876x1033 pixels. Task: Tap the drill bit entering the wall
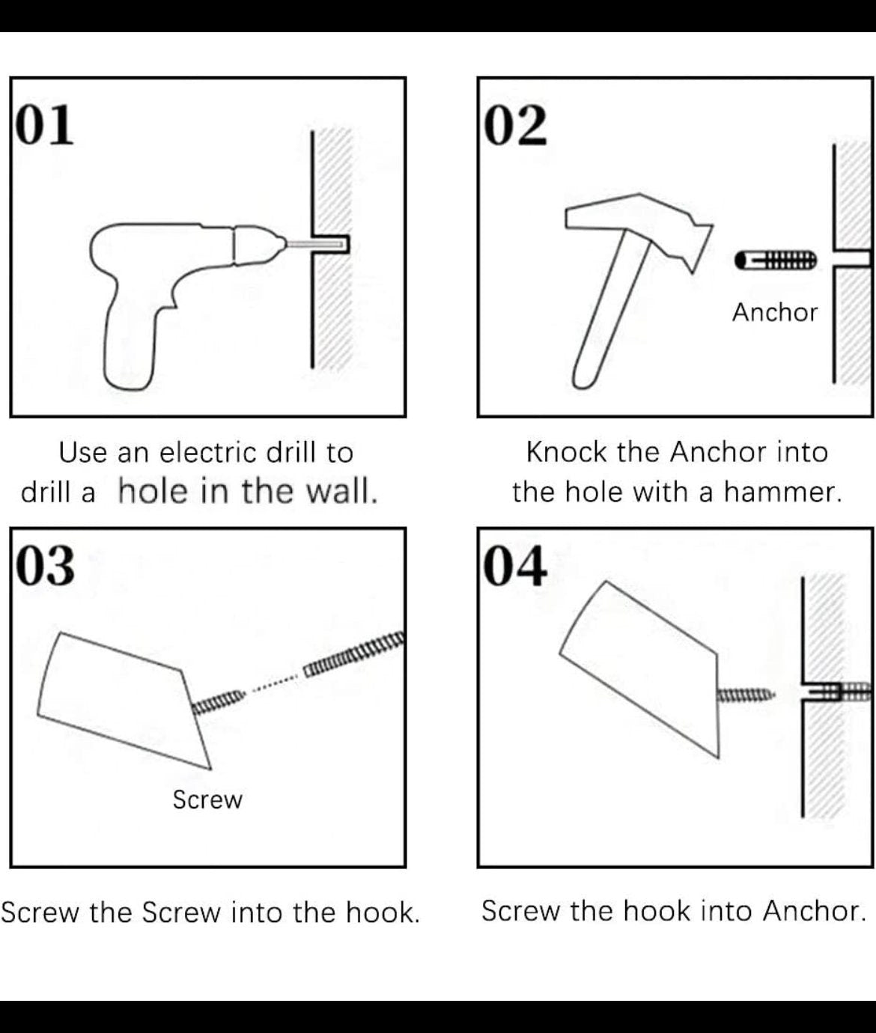315,244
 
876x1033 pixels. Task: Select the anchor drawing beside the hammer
776,260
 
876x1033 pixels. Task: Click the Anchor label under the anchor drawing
775,312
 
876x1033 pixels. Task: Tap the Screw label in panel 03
207,799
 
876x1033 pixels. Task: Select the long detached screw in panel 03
353,653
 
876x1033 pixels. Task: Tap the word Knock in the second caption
566,452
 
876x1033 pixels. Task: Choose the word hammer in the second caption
783,493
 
